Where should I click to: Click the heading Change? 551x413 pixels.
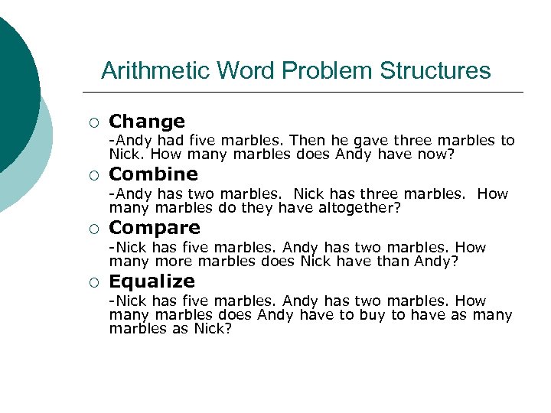[x=147, y=122]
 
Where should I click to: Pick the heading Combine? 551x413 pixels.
[x=154, y=174]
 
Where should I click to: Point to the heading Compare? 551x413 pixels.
[x=155, y=228]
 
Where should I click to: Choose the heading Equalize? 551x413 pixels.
[x=152, y=281]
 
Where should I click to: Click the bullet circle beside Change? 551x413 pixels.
[x=93, y=123]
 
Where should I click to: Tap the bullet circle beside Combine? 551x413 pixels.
[x=93, y=176]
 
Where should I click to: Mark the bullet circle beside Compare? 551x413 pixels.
[x=93, y=229]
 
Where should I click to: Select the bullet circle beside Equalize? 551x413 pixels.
[x=93, y=283]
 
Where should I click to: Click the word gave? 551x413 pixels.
[x=370, y=141]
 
